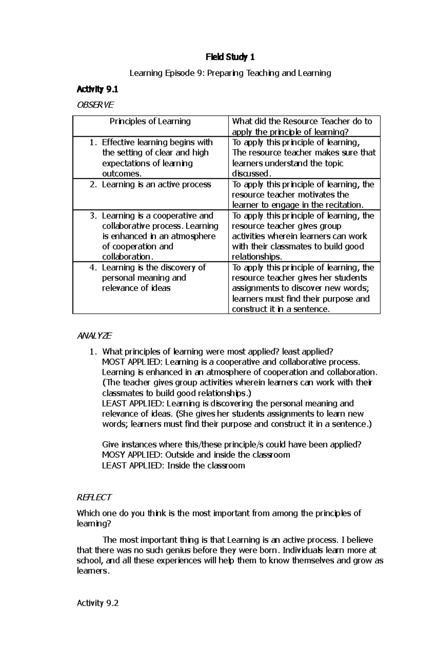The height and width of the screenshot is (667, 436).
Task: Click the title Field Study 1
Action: [x=230, y=57]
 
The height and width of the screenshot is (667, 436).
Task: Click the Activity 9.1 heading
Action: [x=97, y=89]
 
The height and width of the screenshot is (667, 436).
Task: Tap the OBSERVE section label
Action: [x=95, y=105]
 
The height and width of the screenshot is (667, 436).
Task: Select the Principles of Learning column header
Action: [x=150, y=121]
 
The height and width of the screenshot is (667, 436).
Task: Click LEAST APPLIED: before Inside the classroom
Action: [x=133, y=466]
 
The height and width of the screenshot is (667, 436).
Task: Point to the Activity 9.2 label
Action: [x=98, y=603]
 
